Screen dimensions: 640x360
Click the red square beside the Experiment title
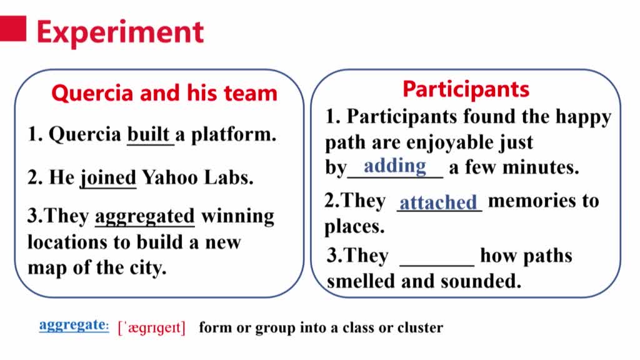pos(12,29)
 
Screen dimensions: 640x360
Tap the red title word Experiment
pos(121,32)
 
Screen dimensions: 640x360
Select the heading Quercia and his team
pos(164,93)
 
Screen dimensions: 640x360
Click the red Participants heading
pos(466,89)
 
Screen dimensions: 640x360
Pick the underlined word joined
pos(108,177)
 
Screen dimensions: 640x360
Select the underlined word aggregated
pos(145,216)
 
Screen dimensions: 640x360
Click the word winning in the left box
pos(237,216)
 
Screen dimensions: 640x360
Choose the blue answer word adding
pos(395,166)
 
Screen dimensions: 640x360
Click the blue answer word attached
pos(438,202)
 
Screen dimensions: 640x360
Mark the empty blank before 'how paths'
pos(437,266)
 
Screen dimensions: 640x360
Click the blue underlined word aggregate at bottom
pos(74,325)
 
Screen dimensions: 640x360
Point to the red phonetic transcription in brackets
pos(151,327)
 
